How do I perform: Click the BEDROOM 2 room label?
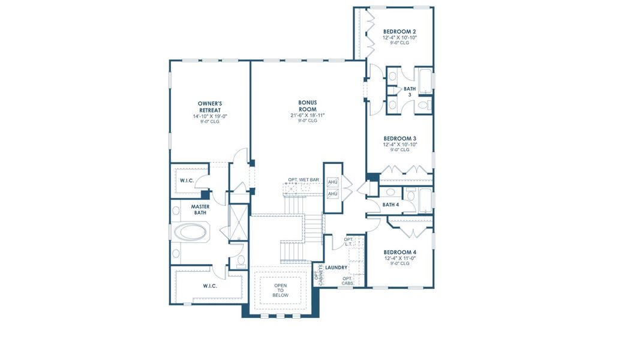point(399,31)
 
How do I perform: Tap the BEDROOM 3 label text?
point(399,138)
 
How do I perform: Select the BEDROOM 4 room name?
point(399,252)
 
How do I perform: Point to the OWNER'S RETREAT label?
point(210,107)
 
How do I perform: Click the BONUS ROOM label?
point(308,106)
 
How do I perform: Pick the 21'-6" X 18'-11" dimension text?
point(308,115)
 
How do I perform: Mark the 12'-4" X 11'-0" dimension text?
point(399,258)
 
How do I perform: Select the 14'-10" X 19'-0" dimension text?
point(210,116)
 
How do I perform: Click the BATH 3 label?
point(410,92)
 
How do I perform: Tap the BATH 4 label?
point(390,205)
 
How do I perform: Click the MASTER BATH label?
point(200,210)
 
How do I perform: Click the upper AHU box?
point(333,182)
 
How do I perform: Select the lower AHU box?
point(333,194)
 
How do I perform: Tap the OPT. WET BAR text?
point(303,180)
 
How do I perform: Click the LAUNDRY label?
point(336,267)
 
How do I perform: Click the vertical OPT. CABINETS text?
point(319,275)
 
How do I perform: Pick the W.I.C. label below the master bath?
point(209,286)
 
